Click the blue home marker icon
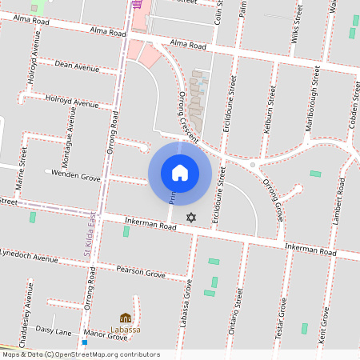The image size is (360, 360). point(180,172)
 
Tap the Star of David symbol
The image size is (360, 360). point(190,218)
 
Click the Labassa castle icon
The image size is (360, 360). point(126,319)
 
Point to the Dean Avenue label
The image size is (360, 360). point(77,67)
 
